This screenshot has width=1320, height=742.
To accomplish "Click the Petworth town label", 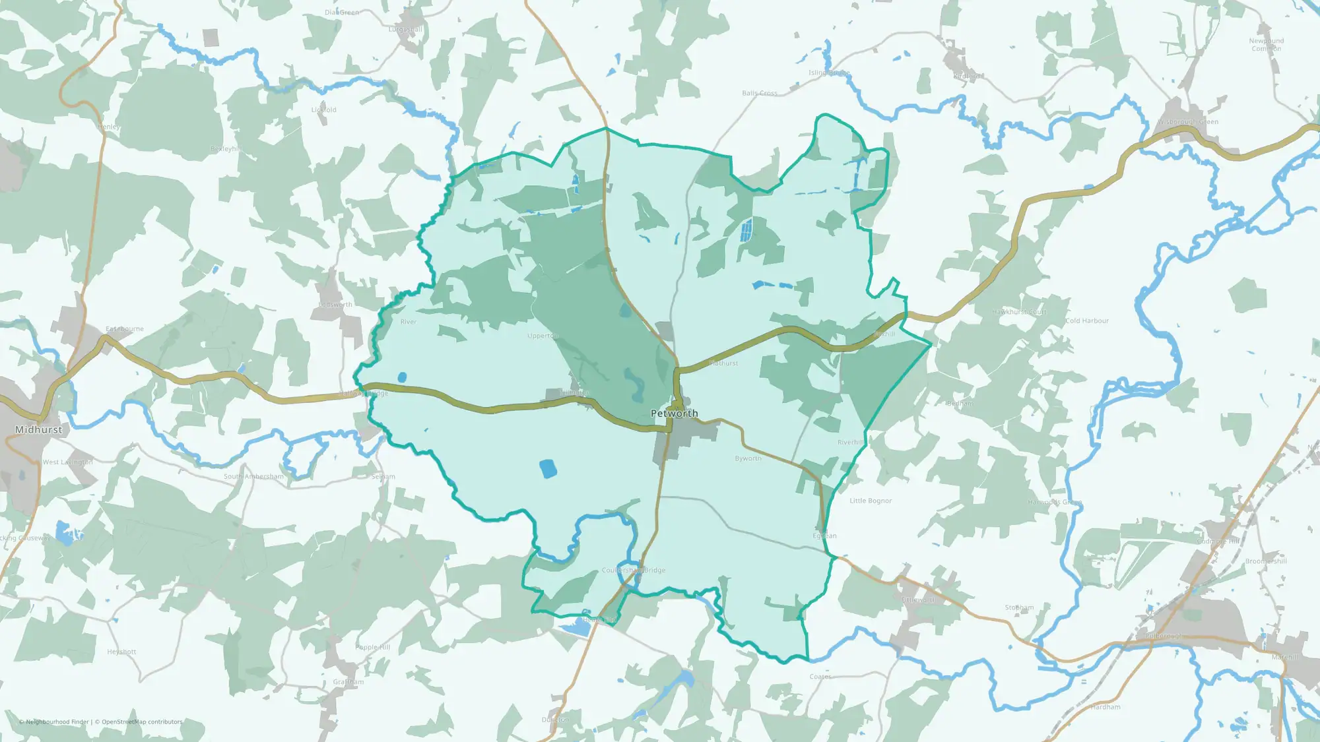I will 674,414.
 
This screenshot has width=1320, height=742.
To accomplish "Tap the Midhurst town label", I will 38,429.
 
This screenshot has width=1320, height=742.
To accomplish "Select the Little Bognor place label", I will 871,501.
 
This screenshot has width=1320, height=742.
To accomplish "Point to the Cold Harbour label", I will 1086,321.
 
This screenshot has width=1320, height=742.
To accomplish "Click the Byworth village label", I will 748,458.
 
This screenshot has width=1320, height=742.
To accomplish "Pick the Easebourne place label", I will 124,328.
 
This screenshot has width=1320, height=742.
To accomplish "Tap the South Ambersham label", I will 253,476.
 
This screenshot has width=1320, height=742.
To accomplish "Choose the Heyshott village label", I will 121,652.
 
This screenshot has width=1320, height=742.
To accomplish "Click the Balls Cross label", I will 759,93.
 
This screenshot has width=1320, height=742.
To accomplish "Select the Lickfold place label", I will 323,109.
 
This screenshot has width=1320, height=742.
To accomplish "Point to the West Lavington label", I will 67,462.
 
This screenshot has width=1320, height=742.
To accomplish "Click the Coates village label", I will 820,677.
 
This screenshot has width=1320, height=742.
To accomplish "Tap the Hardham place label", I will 1105,707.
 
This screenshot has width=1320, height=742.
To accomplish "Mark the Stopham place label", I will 1019,607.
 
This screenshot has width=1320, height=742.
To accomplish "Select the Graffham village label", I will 348,682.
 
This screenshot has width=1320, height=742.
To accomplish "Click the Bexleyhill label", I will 226,149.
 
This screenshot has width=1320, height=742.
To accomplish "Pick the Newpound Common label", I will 1266,44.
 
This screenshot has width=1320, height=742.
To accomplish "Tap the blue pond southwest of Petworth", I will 547,468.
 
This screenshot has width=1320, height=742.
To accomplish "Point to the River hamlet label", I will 408,322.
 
